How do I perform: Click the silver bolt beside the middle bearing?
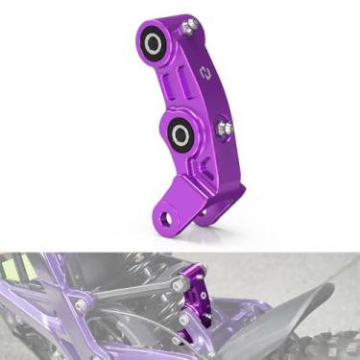(x=225, y=127)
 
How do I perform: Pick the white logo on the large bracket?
(x=204, y=72)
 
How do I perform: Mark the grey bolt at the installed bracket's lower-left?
(x=183, y=318)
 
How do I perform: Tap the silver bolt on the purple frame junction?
(x=84, y=306)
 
